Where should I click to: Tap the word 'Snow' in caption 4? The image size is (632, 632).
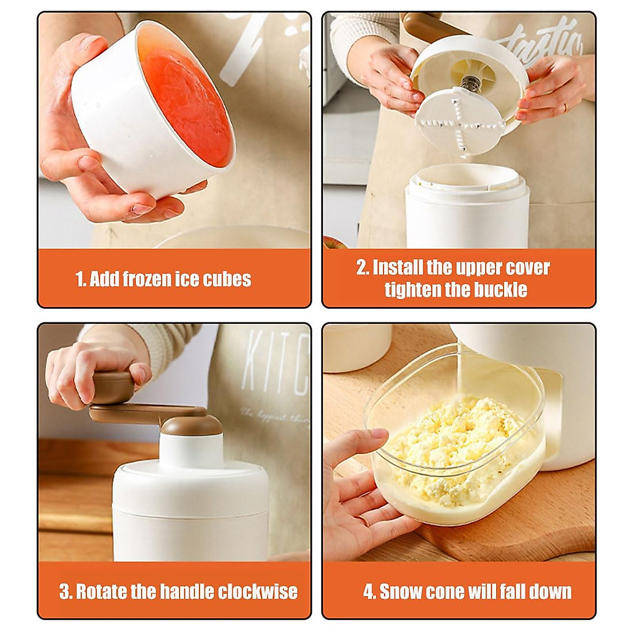(403, 591)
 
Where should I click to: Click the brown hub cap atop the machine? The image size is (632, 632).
(190, 423)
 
